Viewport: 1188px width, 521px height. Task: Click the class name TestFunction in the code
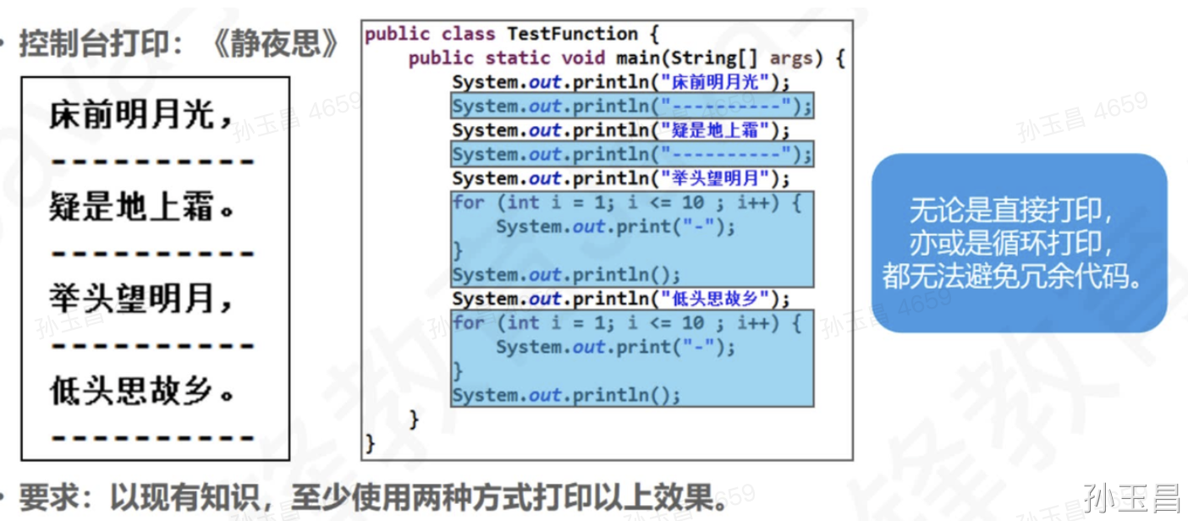[571, 35]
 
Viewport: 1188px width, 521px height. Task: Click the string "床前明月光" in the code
[717, 83]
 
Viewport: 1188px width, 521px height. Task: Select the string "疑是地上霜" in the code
[717, 131]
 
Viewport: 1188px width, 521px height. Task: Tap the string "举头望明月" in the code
[717, 179]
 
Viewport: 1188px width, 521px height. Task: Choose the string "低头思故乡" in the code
[717, 299]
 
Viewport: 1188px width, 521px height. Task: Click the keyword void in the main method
[583, 58]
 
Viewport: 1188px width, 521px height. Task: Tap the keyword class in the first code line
[468, 35]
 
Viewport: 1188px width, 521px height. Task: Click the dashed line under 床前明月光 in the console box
[152, 161]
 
